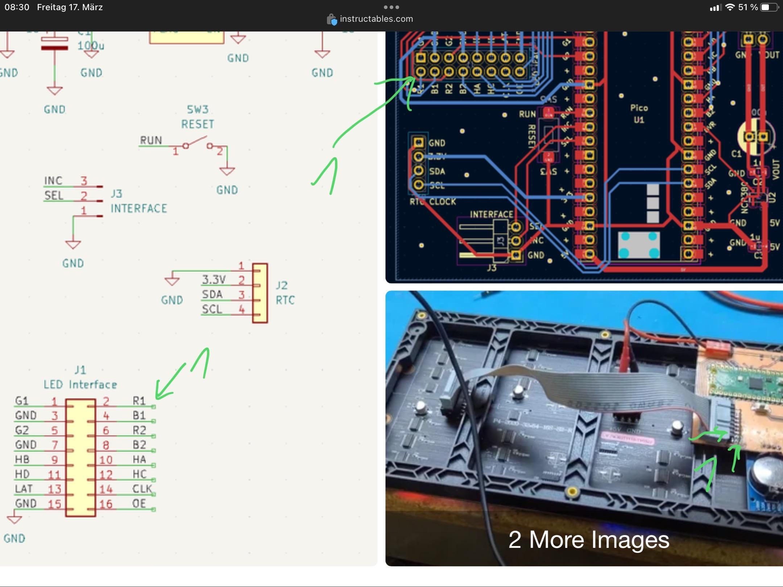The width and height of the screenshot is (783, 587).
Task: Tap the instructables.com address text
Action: pyautogui.click(x=376, y=19)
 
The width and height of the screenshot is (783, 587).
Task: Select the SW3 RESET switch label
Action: pyautogui.click(x=198, y=117)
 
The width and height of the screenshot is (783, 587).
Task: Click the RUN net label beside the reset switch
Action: pyautogui.click(x=151, y=140)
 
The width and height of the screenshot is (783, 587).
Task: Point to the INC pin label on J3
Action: pyautogui.click(x=53, y=180)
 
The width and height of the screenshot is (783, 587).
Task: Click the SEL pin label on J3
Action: pyautogui.click(x=54, y=196)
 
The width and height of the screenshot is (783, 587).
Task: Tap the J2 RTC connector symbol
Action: pyautogui.click(x=260, y=293)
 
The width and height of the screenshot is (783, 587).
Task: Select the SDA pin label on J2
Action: pyautogui.click(x=212, y=294)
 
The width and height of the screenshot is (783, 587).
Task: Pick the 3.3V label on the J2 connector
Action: pyautogui.click(x=214, y=279)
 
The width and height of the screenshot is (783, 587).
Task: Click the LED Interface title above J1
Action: pyautogui.click(x=80, y=384)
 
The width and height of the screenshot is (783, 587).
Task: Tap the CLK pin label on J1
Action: pyautogui.click(x=142, y=489)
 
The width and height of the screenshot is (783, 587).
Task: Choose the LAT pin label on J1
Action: pyautogui.click(x=24, y=489)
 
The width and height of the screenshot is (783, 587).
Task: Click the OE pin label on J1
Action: pyautogui.click(x=139, y=504)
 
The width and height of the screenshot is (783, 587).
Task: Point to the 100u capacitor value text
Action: pyautogui.click(x=91, y=46)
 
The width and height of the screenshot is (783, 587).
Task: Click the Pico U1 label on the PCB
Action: pyautogui.click(x=639, y=113)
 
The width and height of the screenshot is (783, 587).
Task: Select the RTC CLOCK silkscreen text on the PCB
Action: pyautogui.click(x=433, y=201)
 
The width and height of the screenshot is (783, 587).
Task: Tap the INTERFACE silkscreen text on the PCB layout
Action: pyautogui.click(x=491, y=214)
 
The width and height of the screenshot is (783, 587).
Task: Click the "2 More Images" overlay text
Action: pyautogui.click(x=588, y=540)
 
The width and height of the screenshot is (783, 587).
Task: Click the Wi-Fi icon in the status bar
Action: pyautogui.click(x=730, y=7)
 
